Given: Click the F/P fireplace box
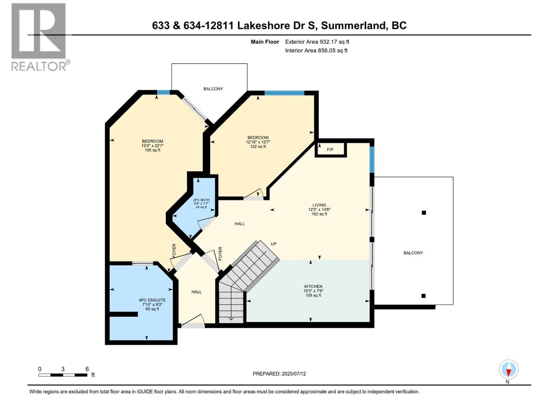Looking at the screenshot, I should tap(330, 149).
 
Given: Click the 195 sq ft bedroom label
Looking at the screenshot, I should tap(152, 146).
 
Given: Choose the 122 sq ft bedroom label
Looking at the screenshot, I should tap(258, 142).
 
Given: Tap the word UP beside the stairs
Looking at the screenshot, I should tap(274, 244).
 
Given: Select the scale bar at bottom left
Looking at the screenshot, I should tap(63, 375).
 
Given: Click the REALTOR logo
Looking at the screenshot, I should tap(39, 37).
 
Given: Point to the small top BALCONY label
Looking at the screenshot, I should tap(213, 89).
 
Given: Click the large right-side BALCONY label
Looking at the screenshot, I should tap(413, 253).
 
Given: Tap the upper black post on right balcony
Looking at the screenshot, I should tap(424, 213).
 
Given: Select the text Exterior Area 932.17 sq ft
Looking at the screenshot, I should tap(317, 42).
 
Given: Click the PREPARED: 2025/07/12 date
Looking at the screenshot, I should tap(279, 374).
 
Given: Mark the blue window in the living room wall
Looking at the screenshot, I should tap(372, 159).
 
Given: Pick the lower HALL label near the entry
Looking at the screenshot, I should tap(196, 292).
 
